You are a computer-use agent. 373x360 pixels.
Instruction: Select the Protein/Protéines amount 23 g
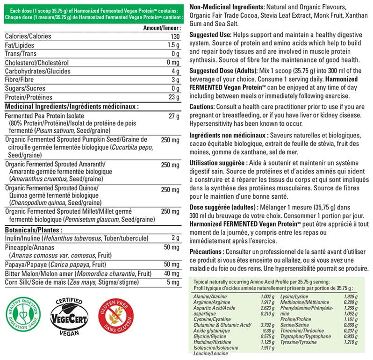pos(174,97)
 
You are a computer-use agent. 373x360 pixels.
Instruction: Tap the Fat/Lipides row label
pos(20,45)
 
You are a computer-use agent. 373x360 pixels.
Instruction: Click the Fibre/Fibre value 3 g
pos(175,80)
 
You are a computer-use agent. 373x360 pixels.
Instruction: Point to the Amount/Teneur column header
pos(161,28)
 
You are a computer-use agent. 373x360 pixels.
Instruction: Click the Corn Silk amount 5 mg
pos(173,282)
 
